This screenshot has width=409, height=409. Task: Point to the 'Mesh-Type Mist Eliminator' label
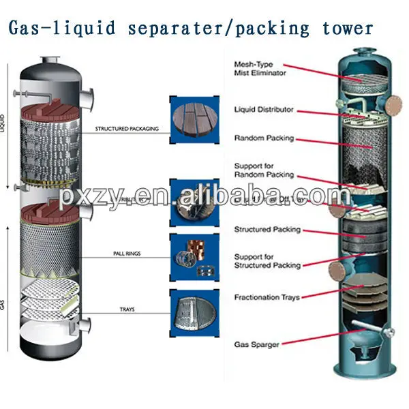260,67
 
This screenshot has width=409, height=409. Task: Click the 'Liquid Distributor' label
264,109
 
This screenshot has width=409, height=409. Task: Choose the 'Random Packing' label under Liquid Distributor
264,138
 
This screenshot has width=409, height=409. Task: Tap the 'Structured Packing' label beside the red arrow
267,230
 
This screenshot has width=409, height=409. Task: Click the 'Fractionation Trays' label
267,297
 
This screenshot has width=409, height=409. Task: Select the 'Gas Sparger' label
256,345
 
